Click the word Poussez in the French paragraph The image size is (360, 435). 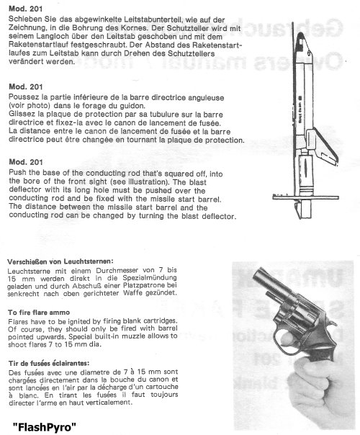point(23,97)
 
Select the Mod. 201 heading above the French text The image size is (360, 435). point(26,87)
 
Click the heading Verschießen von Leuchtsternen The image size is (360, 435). point(60,261)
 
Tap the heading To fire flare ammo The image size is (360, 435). point(39,313)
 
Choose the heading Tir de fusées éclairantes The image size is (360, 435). point(49,363)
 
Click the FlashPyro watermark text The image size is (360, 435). point(45,427)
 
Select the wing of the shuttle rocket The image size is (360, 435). point(325,148)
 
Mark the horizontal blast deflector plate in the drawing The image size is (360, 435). point(305,197)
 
